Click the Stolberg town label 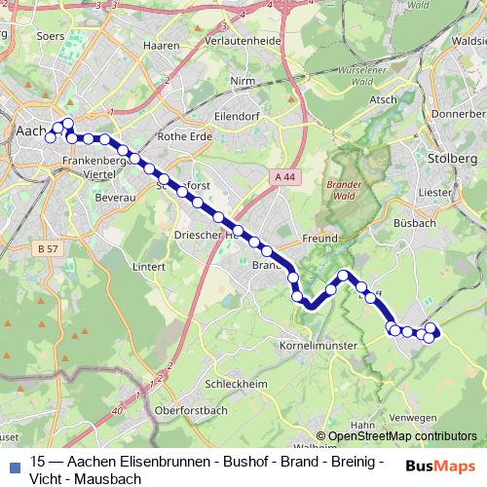tap(452, 158)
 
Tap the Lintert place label tap(149, 265)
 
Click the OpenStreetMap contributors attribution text tap(402, 436)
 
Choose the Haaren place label tap(158, 44)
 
